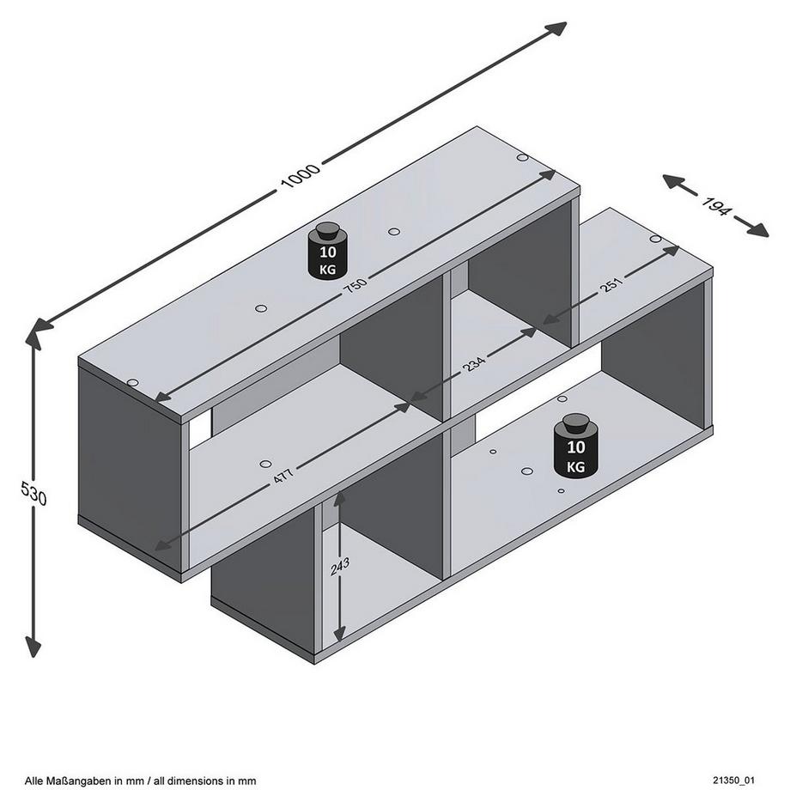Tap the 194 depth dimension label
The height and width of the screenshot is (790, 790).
tap(716, 207)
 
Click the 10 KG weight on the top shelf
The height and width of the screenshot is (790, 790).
tap(327, 251)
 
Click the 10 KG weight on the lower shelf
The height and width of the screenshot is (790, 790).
tap(574, 447)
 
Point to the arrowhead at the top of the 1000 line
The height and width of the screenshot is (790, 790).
tap(558, 27)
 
